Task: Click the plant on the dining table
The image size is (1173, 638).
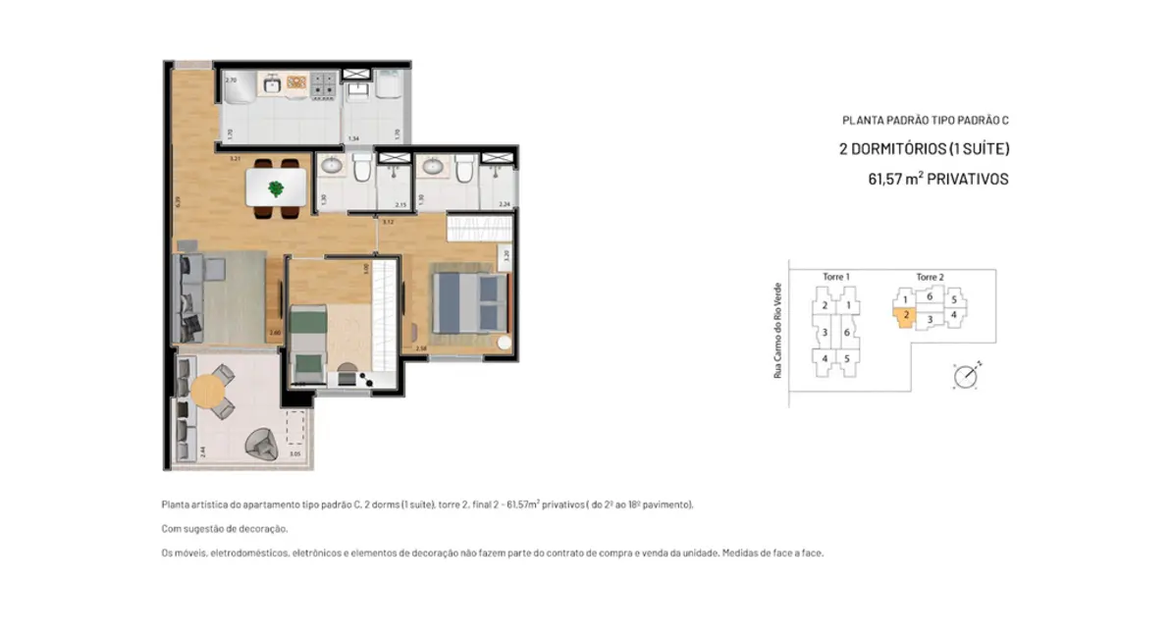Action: click(x=277, y=187)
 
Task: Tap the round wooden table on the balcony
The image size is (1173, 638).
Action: click(x=208, y=392)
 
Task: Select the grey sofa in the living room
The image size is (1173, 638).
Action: click(x=188, y=296)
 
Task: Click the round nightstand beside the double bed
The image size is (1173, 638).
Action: click(x=505, y=343)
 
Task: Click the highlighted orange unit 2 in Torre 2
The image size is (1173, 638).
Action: click(x=905, y=316)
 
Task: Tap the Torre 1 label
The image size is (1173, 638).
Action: click(x=835, y=278)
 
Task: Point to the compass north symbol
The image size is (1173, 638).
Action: click(x=966, y=376)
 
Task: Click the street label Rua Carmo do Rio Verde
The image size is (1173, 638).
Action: click(x=777, y=329)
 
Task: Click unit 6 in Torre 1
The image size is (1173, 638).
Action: click(x=846, y=333)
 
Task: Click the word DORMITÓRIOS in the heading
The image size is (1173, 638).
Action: click(x=901, y=149)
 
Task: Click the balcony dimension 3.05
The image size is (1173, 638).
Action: click(x=295, y=454)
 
